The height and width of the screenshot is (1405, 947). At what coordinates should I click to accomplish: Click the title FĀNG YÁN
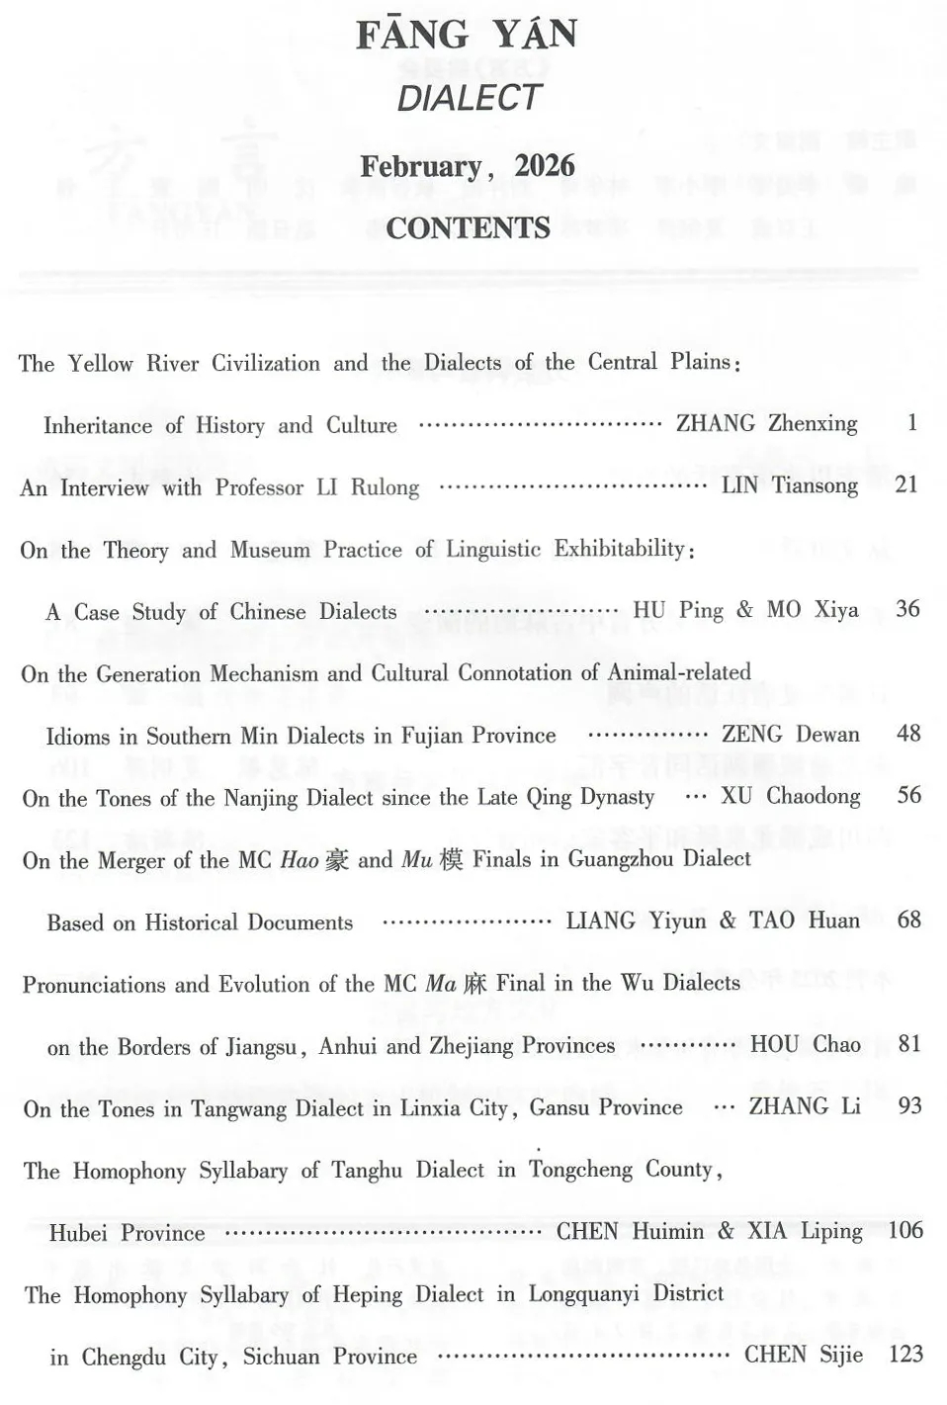coord(467,36)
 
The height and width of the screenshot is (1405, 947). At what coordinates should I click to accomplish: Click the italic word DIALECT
coord(469,98)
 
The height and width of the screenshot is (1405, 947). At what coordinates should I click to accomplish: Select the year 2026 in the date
coord(545,166)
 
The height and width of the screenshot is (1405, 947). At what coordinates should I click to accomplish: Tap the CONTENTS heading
coord(468,228)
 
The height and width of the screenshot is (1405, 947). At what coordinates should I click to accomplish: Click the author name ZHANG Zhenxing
coord(766,424)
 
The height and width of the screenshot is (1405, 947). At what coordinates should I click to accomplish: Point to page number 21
coord(905,484)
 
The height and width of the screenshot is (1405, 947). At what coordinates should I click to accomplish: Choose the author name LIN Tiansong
coord(789,485)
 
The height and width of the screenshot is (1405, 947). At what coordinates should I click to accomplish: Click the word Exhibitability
coord(620,549)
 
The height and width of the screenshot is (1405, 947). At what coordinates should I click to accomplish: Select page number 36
coord(907,609)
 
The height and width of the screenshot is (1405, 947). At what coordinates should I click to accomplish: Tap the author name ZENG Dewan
coord(790,735)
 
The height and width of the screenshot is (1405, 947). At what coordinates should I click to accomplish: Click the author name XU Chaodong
coord(790,797)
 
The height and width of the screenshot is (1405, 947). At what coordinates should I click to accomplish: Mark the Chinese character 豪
coord(337,860)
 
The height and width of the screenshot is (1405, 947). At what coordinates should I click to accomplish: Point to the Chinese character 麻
coord(474,984)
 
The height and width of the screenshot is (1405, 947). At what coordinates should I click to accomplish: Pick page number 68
coord(908,921)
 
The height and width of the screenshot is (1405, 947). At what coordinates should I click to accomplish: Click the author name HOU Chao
coord(805,1045)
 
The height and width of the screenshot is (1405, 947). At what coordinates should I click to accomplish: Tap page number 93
coord(909,1106)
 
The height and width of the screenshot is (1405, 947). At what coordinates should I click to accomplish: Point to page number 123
coord(905,1355)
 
